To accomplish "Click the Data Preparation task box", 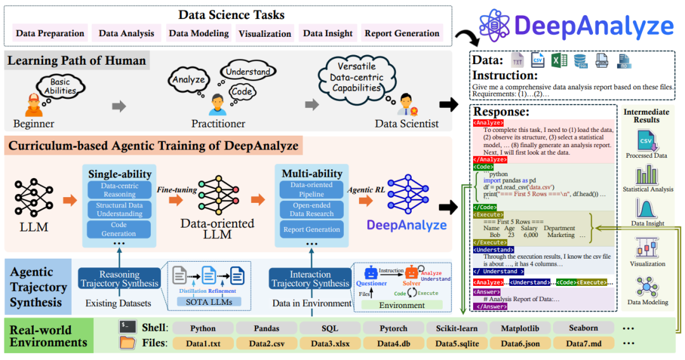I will click(x=50, y=34).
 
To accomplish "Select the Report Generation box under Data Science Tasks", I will click(x=402, y=34).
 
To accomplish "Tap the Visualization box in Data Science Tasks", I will click(x=265, y=34).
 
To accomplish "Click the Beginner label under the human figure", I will click(x=34, y=124).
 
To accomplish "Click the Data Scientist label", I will click(x=407, y=124).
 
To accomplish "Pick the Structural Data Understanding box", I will click(x=119, y=210).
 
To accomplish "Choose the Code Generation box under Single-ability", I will click(x=119, y=229).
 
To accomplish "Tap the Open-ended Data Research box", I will click(x=311, y=210).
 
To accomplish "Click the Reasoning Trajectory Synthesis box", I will click(x=119, y=279).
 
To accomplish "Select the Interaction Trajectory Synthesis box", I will click(x=311, y=279).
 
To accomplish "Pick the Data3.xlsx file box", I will click(x=329, y=344).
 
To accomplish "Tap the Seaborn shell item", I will click(x=583, y=328).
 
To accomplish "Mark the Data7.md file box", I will click(x=583, y=344).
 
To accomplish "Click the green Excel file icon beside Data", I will click(x=559, y=61).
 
